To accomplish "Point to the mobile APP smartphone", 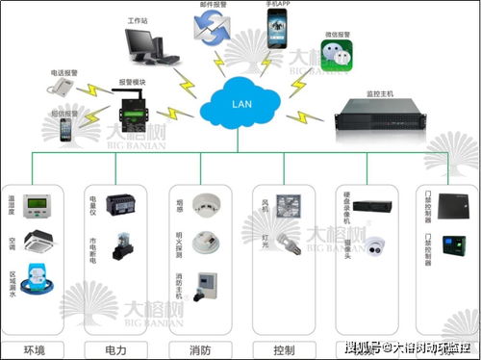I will [x=278, y=36].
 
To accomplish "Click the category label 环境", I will [x=34, y=348].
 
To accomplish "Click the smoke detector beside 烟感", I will [x=204, y=203].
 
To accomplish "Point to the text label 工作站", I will [x=138, y=19].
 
